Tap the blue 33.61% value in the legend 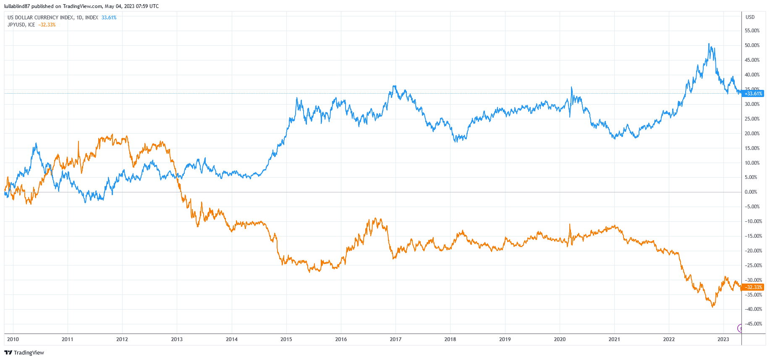(x=109, y=18)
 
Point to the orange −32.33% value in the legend (x=47, y=25)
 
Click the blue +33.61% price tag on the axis (x=753, y=94)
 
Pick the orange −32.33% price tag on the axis (x=753, y=287)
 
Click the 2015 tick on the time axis (x=286, y=339)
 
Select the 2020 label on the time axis (x=560, y=339)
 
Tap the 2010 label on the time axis (x=13, y=339)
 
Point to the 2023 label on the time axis (x=723, y=339)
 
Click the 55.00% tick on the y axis (x=752, y=31)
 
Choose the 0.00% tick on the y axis (x=751, y=192)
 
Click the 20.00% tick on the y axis (x=752, y=134)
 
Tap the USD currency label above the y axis (x=750, y=17)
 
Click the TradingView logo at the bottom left (x=24, y=353)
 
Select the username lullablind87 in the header (x=17, y=6)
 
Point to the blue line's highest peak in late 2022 (x=709, y=44)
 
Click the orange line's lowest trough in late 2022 (x=712, y=307)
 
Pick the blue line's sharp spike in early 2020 (x=571, y=87)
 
